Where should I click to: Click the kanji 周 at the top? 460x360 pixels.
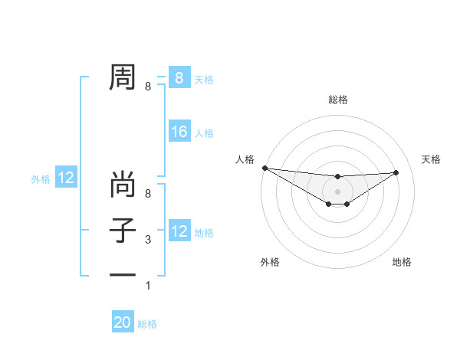pyautogui.click(x=123, y=77)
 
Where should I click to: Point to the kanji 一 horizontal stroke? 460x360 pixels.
pyautogui.click(x=123, y=273)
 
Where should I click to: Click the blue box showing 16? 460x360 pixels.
pyautogui.click(x=179, y=132)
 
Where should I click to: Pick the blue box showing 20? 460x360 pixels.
pyautogui.click(x=123, y=322)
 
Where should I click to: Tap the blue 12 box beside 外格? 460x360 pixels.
pyautogui.click(x=66, y=178)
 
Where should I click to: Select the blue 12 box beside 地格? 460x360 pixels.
pyautogui.click(x=179, y=231)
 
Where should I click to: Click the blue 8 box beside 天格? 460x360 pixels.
pyautogui.click(x=179, y=77)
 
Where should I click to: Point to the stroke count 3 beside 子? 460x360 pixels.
pyautogui.click(x=148, y=240)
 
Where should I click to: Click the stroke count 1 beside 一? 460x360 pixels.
pyautogui.click(x=148, y=286)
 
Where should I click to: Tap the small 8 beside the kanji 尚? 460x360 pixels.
pyautogui.click(x=148, y=194)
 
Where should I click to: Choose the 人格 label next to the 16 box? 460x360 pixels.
pyautogui.click(x=204, y=133)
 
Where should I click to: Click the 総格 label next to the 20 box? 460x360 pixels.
pyautogui.click(x=147, y=324)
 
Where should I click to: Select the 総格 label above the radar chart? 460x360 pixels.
pyautogui.click(x=337, y=100)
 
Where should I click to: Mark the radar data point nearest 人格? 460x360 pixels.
pyautogui.click(x=264, y=168)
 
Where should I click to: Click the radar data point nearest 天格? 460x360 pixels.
pyautogui.click(x=396, y=172)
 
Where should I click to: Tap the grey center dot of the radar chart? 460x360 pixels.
pyautogui.click(x=337, y=191)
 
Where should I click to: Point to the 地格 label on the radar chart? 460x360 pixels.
pyautogui.click(x=402, y=262)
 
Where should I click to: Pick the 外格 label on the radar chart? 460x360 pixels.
pyautogui.click(x=270, y=262)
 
